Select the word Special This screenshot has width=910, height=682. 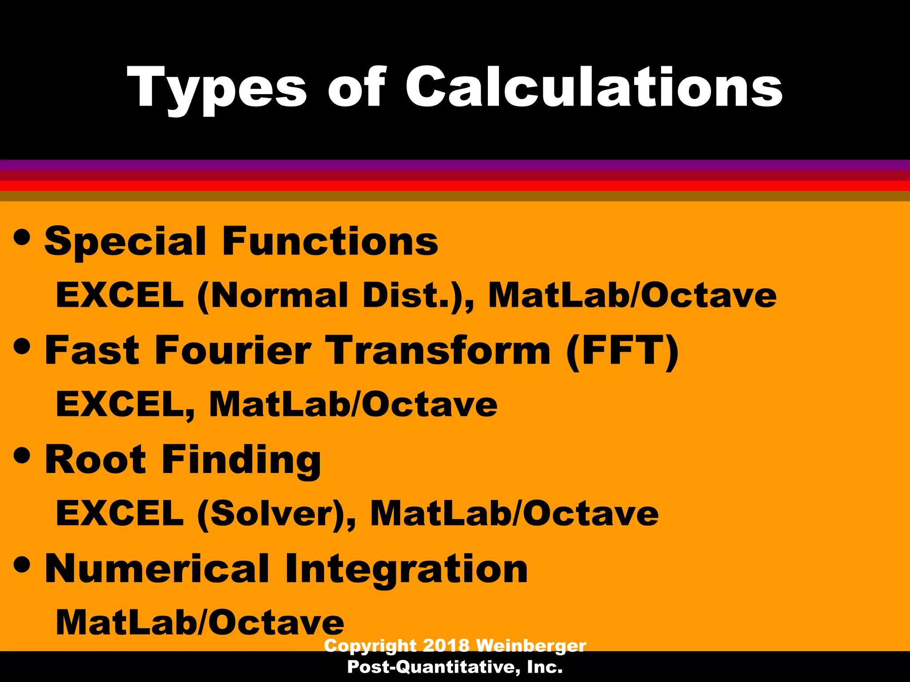(x=125, y=242)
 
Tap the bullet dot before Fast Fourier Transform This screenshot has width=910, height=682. (x=22, y=346)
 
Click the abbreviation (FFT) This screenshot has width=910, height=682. (x=623, y=351)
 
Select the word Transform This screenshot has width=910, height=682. (x=438, y=350)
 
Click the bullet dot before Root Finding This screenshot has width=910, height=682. (x=22, y=455)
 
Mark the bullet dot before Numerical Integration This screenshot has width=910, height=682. (x=22, y=564)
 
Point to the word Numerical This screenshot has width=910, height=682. (x=157, y=569)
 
